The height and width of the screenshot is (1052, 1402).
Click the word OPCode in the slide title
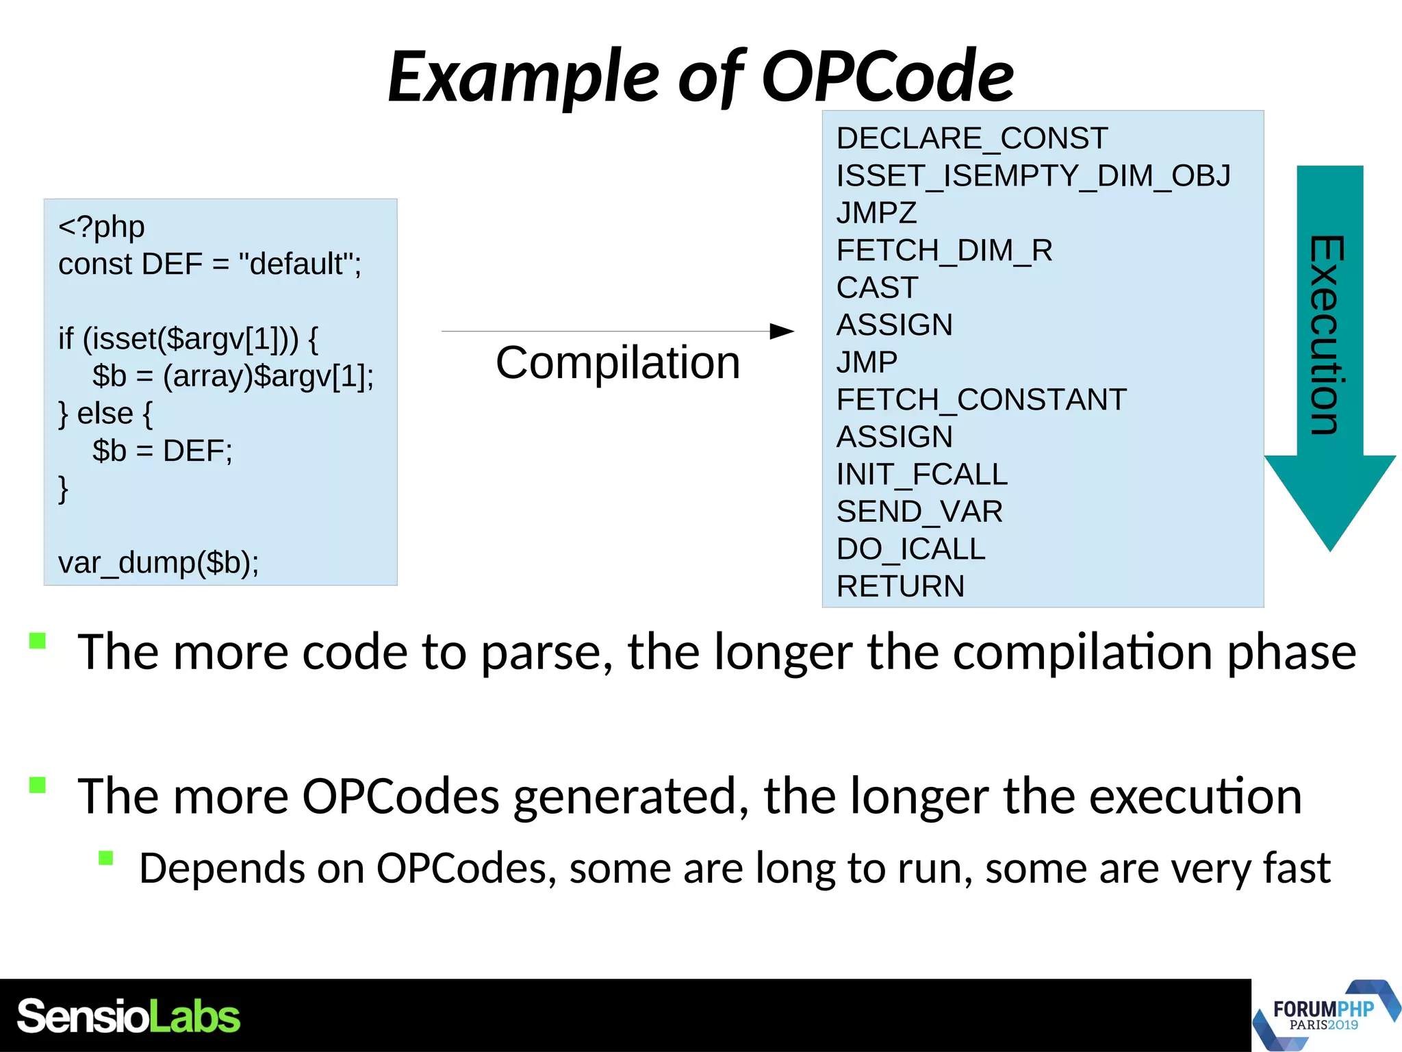tap(887, 77)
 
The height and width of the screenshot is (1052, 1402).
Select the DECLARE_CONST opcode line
tap(971, 138)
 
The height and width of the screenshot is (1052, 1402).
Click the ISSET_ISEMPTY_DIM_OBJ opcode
tap(1033, 176)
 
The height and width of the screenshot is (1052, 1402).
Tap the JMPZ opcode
tap(876, 213)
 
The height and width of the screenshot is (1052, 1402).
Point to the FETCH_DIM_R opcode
tap(944, 251)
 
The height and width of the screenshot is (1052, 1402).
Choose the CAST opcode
tap(877, 288)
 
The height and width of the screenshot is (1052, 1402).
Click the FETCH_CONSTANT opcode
tap(981, 400)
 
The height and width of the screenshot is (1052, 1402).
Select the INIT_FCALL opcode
tap(921, 475)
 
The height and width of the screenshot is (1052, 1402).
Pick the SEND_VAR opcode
tap(919, 512)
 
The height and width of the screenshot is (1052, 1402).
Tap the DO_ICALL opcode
tap(910, 549)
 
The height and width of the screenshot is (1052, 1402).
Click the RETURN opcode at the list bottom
tap(900, 586)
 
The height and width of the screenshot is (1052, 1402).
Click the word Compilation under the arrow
tap(617, 362)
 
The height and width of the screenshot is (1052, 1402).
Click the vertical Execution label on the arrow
tap(1327, 335)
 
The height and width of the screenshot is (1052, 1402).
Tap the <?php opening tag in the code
tap(101, 227)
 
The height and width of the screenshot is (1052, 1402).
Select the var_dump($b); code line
tap(158, 563)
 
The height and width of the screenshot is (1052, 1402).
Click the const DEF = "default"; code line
tap(209, 264)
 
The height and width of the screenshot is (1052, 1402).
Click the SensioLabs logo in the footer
tap(128, 1016)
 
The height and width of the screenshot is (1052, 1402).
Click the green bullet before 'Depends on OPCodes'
tap(105, 858)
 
